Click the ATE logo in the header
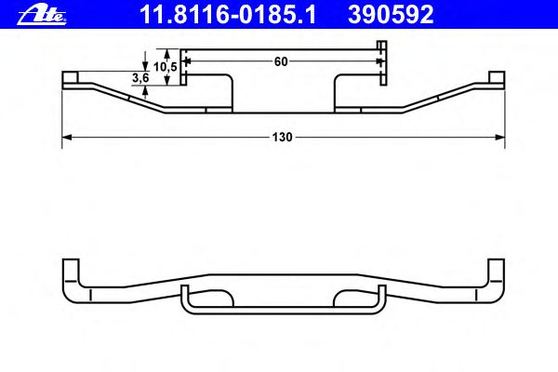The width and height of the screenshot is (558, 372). [x=42, y=16]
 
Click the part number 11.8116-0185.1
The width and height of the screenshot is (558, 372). [x=228, y=15]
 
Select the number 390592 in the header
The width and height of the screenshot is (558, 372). [x=391, y=15]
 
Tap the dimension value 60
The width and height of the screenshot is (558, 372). [x=281, y=61]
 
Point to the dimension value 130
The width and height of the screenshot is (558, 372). [x=282, y=137]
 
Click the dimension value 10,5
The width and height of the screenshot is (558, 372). [x=166, y=67]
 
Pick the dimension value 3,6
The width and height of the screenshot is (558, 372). [x=141, y=78]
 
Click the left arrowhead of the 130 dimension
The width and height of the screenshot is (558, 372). [x=67, y=137]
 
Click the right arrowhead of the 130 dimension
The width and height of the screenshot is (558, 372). [x=500, y=137]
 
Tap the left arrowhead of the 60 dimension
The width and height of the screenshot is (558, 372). [x=189, y=61]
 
